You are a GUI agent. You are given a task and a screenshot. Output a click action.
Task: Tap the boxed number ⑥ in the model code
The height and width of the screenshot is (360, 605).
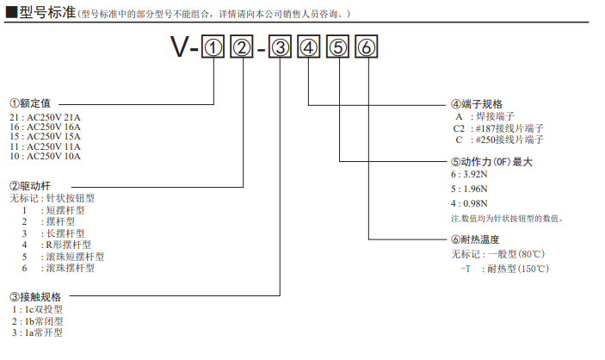click(367, 49)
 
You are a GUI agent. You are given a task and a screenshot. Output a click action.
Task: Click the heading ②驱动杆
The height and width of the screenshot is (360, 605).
click(32, 185)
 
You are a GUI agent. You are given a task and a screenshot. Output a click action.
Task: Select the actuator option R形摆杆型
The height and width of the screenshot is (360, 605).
click(68, 245)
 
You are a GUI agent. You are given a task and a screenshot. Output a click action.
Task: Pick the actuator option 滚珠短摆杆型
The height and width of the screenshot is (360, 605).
click(75, 257)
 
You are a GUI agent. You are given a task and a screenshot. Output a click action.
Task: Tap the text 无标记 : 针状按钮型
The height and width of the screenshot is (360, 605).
click(52, 198)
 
